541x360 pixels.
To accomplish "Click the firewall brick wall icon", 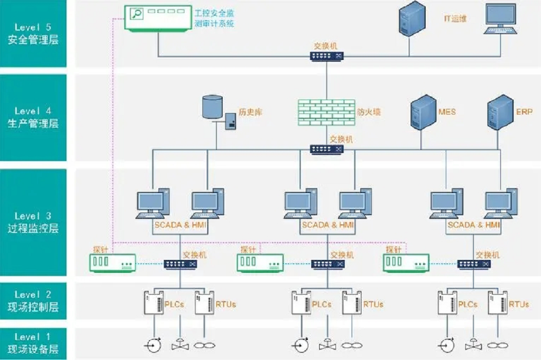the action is (x=326, y=112).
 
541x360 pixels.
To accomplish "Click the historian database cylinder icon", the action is (x=212, y=107).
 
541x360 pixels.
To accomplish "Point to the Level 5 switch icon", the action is (x=326, y=56).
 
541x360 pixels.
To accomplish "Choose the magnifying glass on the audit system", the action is (x=137, y=14).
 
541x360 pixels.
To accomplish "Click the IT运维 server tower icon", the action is (x=412, y=18).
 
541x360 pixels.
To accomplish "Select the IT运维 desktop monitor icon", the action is (x=500, y=18).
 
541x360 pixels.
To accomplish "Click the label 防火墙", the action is (x=368, y=112).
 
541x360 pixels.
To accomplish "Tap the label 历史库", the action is (x=250, y=112).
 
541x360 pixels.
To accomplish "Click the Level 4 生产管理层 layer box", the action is (x=33, y=118).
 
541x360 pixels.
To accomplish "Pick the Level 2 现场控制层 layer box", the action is (x=33, y=301).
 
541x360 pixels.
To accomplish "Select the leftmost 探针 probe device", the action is (x=113, y=263).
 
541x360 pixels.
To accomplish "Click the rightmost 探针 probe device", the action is (x=406, y=263).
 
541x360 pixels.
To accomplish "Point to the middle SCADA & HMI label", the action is (x=327, y=225).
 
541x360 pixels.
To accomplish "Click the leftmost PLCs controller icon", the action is (x=154, y=303).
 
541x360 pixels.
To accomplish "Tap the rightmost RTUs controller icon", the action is (x=498, y=303).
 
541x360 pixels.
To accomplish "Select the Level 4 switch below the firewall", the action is (x=326, y=149).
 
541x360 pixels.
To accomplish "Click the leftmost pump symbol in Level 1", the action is (x=154, y=345).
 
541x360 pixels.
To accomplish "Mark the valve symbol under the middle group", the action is (x=327, y=344).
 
